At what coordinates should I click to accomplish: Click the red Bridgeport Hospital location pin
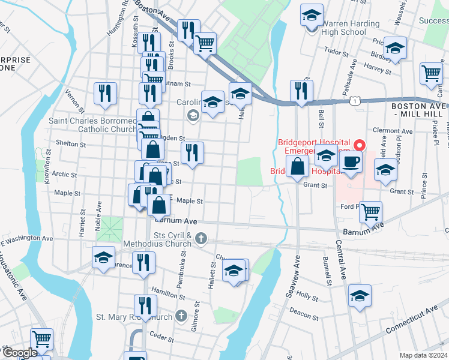[360, 146]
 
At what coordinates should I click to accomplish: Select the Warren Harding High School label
[343, 28]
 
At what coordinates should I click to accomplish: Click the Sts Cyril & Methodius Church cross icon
[201, 239]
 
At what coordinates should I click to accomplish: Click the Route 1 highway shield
[357, 102]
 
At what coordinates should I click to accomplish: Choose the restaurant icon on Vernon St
[105, 93]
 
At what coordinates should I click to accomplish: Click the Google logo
[20, 353]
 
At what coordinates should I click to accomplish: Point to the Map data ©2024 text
[423, 355]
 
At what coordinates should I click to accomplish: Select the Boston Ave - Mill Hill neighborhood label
[419, 109]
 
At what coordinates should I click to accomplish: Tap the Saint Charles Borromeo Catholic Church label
[93, 124]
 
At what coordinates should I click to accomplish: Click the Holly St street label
[307, 296]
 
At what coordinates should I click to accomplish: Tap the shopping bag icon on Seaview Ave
[298, 166]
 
